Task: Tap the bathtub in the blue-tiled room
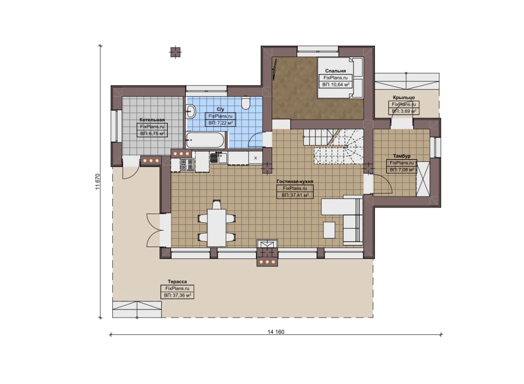[x=205, y=140]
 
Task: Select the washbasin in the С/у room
[x=191, y=111]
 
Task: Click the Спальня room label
[x=335, y=71]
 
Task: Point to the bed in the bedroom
[x=340, y=78]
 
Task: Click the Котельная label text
[x=152, y=120]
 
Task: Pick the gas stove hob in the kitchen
[x=187, y=164]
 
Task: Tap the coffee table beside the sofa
[x=329, y=230]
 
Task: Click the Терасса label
[x=177, y=282]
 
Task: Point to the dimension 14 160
[x=276, y=332]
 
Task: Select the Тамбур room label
[x=402, y=156]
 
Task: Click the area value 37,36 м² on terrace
[x=177, y=295]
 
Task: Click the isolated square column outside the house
[x=176, y=52]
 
